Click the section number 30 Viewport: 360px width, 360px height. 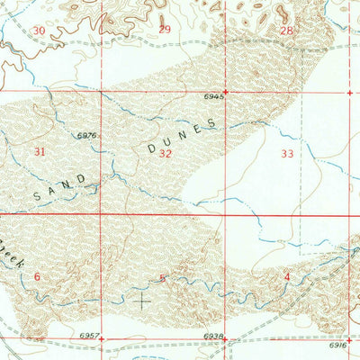pos(38,31)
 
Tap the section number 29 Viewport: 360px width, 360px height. pos(164,30)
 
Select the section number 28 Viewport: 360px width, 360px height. pos(286,31)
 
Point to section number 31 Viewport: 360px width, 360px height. pos(39,152)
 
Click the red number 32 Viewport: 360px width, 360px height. pos(165,154)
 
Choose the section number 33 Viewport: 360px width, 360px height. pos(287,154)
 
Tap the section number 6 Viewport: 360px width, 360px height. pos(37,276)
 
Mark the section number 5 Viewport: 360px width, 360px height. pos(162,277)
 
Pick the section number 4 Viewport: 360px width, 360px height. pos(286,276)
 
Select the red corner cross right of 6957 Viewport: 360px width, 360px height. pos(101,339)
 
